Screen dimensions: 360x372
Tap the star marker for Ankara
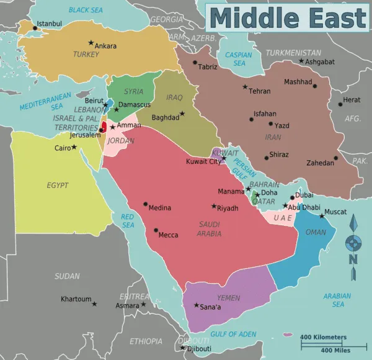[x=91, y=43]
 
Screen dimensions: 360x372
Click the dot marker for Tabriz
[x=195, y=63]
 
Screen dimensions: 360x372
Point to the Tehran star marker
[x=245, y=87]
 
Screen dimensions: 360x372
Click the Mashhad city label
[x=298, y=82]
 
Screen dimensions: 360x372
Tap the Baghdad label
[x=165, y=117]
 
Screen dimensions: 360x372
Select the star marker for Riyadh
[x=214, y=206]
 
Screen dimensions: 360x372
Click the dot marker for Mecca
[x=156, y=230]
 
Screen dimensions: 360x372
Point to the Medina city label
[x=160, y=208]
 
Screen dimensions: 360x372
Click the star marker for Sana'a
[x=196, y=305]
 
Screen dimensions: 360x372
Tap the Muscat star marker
[x=322, y=216]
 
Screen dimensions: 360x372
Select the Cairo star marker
[x=74, y=147]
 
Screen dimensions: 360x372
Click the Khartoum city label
[x=76, y=299]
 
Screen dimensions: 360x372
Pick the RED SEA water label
[x=128, y=220]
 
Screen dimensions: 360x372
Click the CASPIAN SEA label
[x=239, y=59]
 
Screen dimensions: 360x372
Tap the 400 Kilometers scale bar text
[x=324, y=337]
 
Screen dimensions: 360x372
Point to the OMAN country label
[x=316, y=232]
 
